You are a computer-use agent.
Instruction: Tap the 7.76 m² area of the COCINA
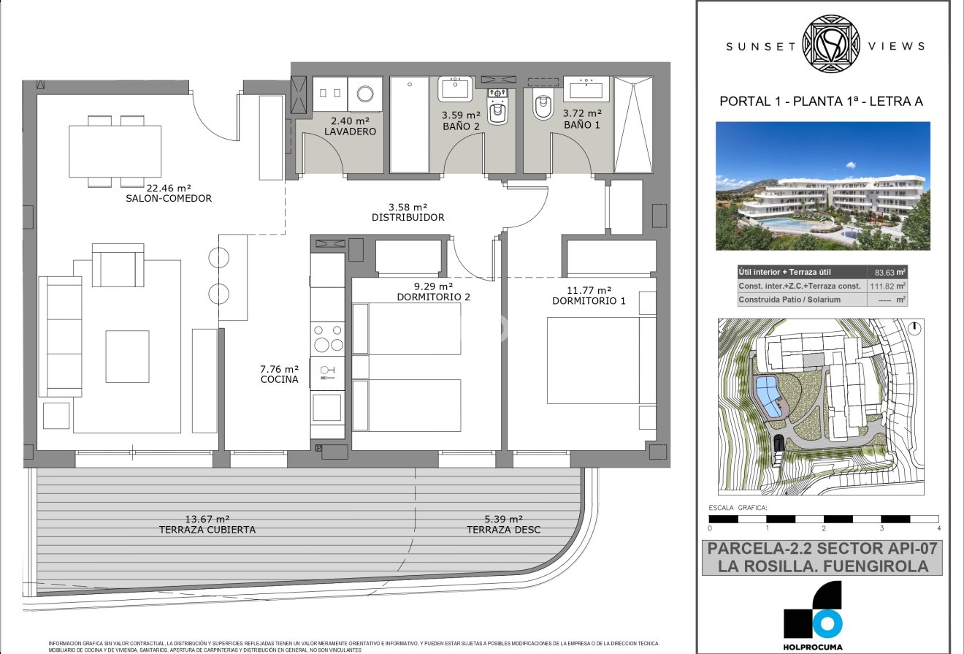(x=280, y=369)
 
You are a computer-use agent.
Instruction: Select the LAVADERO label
(x=350, y=132)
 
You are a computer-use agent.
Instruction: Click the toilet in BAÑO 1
(x=543, y=107)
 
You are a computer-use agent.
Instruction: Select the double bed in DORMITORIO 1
(x=593, y=360)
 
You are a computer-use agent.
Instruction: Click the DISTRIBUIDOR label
(x=408, y=217)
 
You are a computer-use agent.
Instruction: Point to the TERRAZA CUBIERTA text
(x=207, y=530)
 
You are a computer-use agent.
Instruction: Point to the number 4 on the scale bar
(x=938, y=528)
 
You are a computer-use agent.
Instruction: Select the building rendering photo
(x=823, y=186)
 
